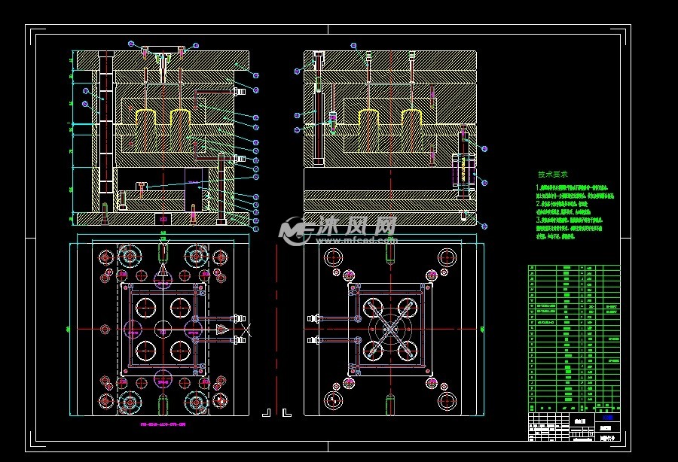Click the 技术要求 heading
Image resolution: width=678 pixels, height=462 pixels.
point(553,174)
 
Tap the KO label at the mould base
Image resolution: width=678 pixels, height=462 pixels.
point(163,218)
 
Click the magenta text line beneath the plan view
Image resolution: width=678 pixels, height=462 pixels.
point(163,424)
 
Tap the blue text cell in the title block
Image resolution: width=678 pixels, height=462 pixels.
point(607,417)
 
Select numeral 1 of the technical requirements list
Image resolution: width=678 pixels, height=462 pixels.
point(538,187)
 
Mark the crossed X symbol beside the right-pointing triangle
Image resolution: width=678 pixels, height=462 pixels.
point(247,329)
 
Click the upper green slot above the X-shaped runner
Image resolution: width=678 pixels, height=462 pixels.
point(390,253)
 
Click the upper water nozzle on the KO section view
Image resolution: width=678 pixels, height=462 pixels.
point(240,92)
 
